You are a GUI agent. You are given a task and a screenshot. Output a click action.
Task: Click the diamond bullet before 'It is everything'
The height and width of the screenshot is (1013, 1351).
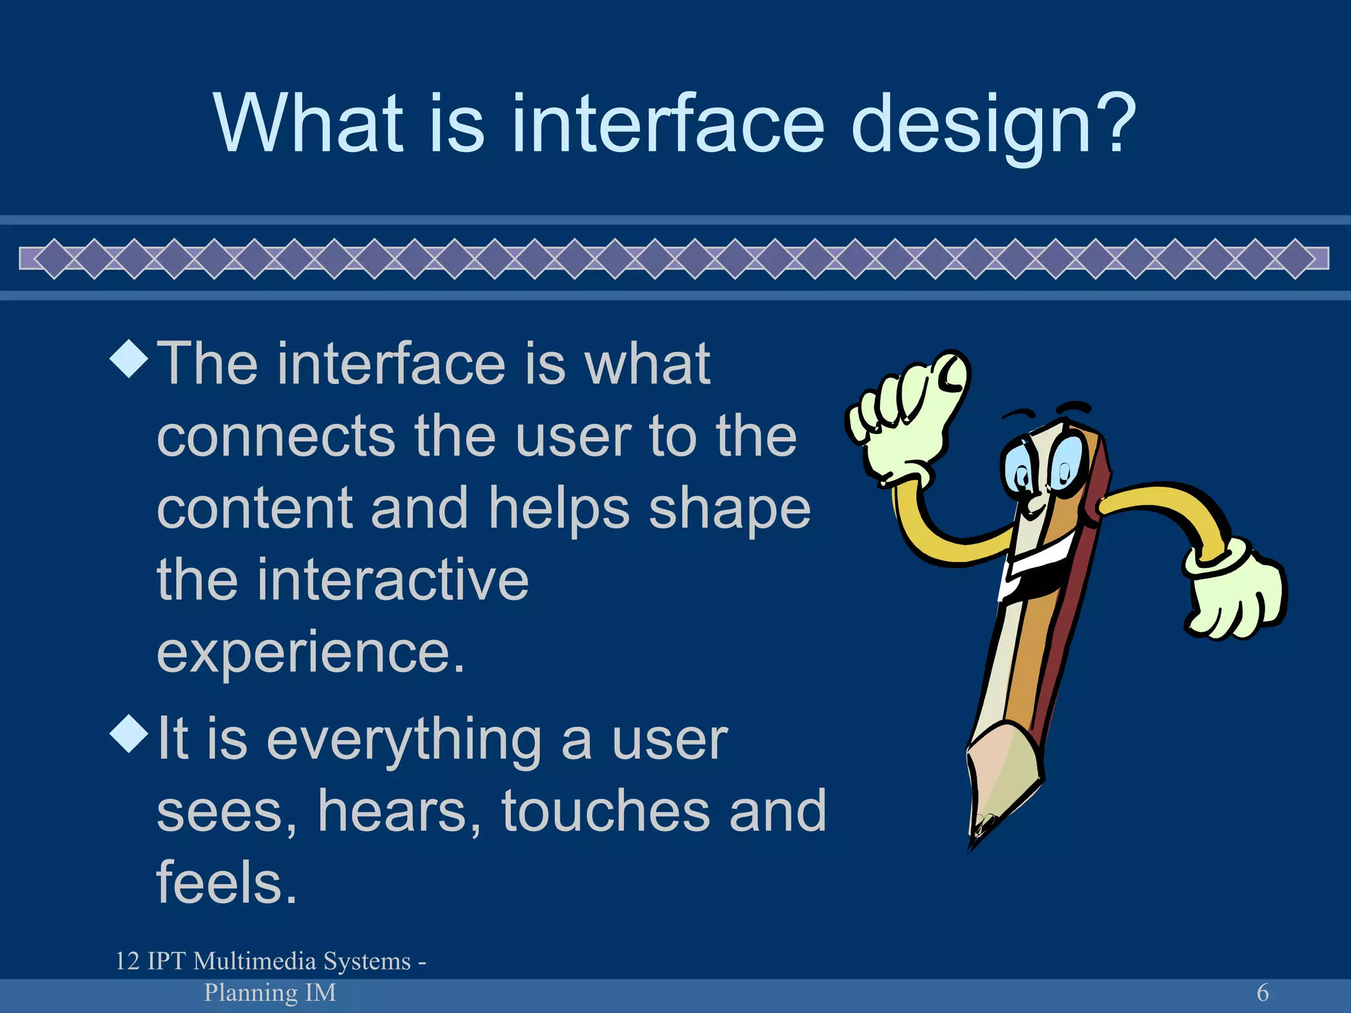[x=129, y=733]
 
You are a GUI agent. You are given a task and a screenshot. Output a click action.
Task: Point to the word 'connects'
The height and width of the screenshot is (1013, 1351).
[x=276, y=437]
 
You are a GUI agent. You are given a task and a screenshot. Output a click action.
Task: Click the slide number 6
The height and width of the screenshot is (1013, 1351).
[x=1262, y=993]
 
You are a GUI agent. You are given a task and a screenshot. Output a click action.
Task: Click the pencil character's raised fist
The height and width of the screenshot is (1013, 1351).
[x=910, y=415]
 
